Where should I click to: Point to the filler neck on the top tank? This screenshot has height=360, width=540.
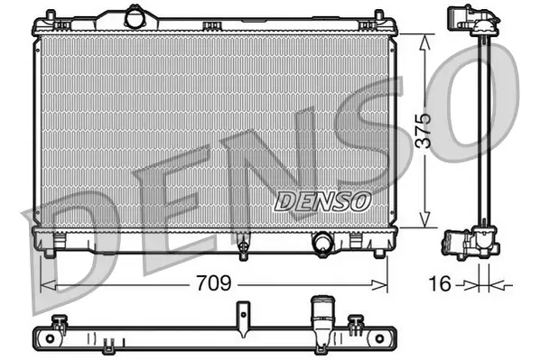click(135, 17)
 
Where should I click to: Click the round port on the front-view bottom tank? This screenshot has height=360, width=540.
click(322, 241)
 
